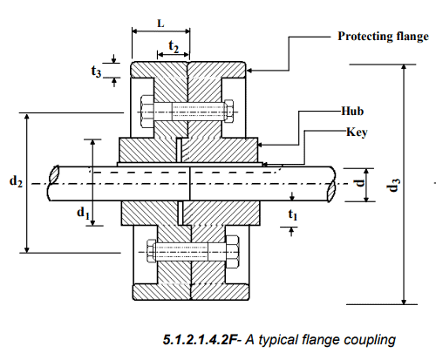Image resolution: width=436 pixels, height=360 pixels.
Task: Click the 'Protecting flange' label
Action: click(382, 37)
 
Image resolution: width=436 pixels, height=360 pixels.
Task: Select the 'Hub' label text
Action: click(352, 112)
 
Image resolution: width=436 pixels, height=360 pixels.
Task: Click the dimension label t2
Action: click(174, 47)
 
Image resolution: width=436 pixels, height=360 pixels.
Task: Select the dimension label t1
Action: click(292, 212)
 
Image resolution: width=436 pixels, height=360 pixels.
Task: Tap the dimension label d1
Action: click(83, 211)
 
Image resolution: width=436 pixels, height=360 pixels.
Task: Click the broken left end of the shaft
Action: click(55, 183)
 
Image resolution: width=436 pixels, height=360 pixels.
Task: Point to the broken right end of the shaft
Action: click(333, 183)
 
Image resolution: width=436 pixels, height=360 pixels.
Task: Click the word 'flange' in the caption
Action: click(322, 338)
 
